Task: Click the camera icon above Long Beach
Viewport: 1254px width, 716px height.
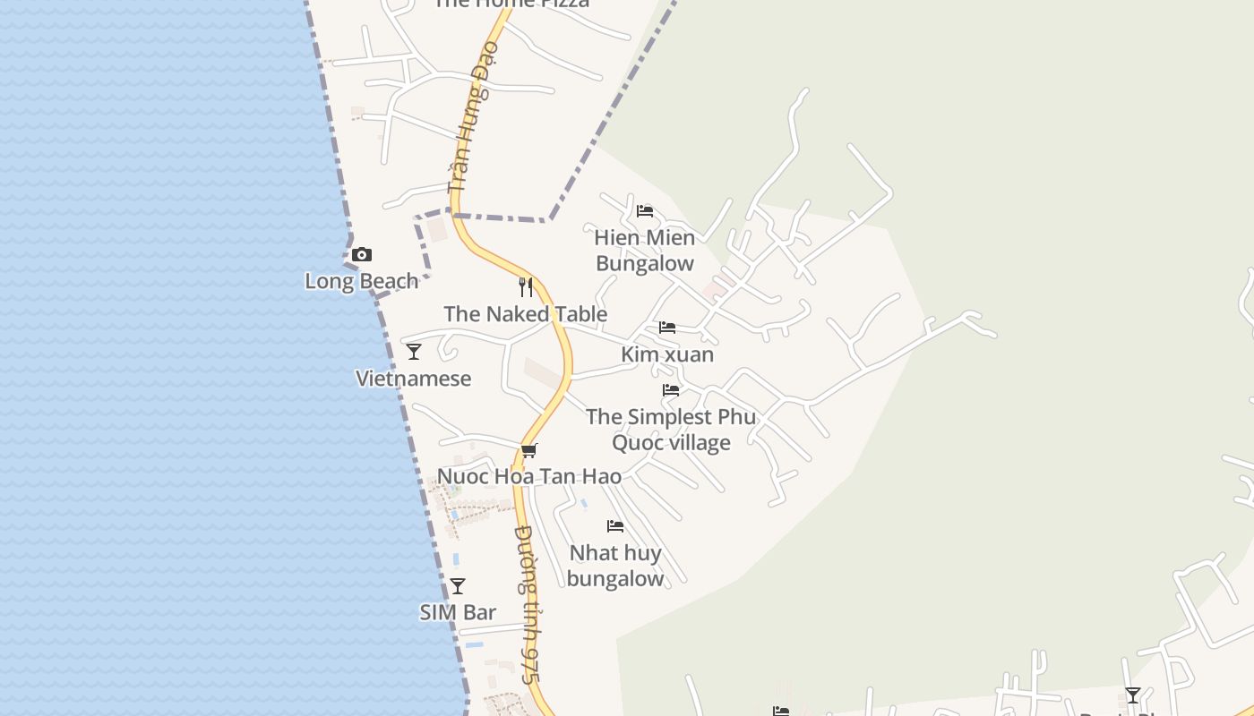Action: (362, 255)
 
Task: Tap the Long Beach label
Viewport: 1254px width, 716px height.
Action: (362, 281)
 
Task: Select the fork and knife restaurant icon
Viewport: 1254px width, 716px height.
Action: (526, 287)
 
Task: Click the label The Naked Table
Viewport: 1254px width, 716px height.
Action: (526, 314)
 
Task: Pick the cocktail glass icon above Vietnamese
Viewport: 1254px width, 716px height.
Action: (414, 352)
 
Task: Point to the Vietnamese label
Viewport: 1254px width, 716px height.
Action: (414, 379)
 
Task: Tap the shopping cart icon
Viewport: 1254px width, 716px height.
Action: (529, 450)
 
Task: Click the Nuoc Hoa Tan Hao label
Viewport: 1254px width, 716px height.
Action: (529, 476)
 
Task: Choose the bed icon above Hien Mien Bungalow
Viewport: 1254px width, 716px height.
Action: (645, 212)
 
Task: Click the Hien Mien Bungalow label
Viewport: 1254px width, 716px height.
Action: (645, 251)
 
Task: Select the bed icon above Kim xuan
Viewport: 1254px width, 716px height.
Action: (667, 328)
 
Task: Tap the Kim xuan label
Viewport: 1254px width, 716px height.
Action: (667, 354)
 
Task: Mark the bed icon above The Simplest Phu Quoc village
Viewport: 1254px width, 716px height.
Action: (671, 390)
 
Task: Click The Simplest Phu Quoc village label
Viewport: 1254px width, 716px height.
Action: (671, 430)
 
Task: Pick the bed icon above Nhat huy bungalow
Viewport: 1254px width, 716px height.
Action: (615, 526)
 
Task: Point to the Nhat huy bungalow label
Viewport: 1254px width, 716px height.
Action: (615, 566)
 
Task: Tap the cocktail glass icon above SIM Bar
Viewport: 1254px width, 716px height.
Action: (458, 586)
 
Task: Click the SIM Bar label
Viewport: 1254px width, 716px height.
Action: (458, 613)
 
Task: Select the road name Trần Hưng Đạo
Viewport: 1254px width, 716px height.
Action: (472, 116)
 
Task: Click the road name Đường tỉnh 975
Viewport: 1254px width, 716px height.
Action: (528, 604)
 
